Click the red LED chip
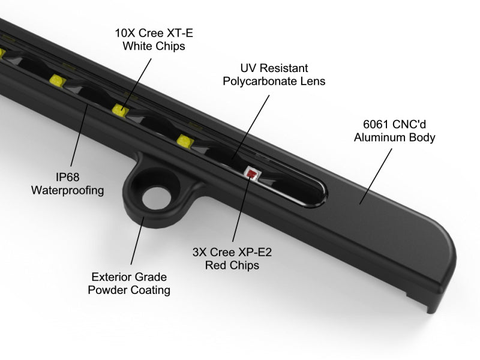pos(251,174)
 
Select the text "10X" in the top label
pos(124,33)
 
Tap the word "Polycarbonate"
pos(263,81)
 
